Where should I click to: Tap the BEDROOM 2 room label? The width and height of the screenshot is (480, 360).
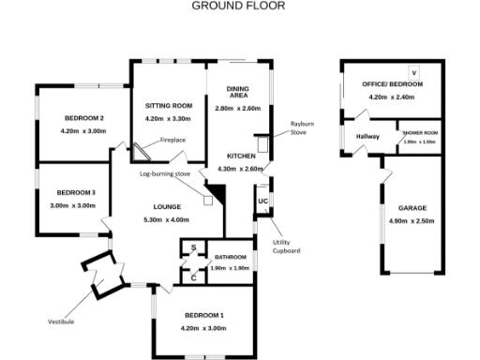click(83, 117)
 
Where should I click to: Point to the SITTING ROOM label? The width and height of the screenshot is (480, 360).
click(169, 105)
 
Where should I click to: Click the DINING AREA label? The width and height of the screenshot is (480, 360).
click(238, 92)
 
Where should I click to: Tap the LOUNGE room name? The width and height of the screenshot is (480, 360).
click(168, 206)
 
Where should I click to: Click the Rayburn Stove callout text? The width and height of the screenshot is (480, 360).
click(303, 128)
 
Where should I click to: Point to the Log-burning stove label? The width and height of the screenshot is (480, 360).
click(165, 174)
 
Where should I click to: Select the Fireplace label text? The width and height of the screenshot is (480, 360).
click(172, 140)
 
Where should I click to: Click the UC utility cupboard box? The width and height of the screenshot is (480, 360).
click(263, 202)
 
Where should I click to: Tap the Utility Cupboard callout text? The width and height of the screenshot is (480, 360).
click(286, 247)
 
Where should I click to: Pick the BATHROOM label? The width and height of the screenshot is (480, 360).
click(230, 257)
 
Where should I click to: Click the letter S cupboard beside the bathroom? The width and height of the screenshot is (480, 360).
click(193, 248)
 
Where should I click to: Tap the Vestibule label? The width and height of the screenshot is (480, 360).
click(63, 322)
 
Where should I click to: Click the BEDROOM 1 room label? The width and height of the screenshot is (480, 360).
click(203, 315)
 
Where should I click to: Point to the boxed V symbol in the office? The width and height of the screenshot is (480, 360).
click(413, 72)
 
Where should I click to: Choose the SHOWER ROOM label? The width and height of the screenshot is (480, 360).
click(419, 134)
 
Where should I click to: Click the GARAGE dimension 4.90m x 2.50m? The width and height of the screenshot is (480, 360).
click(412, 221)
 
